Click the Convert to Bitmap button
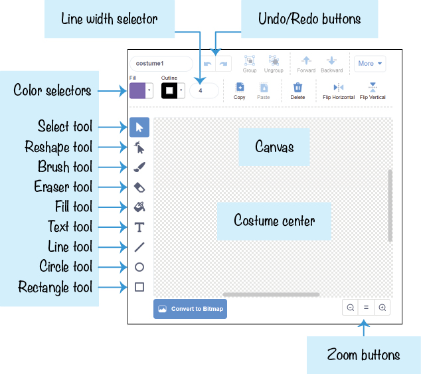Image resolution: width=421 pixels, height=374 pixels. point(190,309)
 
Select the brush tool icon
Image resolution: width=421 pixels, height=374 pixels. point(139,167)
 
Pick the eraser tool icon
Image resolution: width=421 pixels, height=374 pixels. point(139,187)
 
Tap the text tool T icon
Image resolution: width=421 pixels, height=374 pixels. point(139,227)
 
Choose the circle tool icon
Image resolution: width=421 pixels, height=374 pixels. point(139,267)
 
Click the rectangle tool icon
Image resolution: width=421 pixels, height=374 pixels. point(139,287)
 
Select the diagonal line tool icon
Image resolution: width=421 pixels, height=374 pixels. point(139,247)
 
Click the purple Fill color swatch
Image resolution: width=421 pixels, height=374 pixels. point(137,90)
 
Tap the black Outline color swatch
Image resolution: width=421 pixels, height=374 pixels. point(169,90)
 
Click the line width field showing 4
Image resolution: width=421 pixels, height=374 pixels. point(204,90)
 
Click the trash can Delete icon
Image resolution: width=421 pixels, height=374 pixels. point(297,87)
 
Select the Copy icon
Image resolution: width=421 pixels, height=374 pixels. point(240,87)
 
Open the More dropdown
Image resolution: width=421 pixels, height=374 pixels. point(370,63)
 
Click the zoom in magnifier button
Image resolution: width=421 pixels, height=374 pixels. point(382,308)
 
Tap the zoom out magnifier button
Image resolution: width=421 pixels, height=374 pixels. point(351,308)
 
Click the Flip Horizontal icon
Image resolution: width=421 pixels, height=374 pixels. point(338,87)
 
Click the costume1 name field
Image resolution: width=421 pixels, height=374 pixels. point(161,64)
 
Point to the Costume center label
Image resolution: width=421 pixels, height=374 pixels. point(274,221)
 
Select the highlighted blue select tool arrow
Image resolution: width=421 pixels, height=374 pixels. point(139,127)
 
